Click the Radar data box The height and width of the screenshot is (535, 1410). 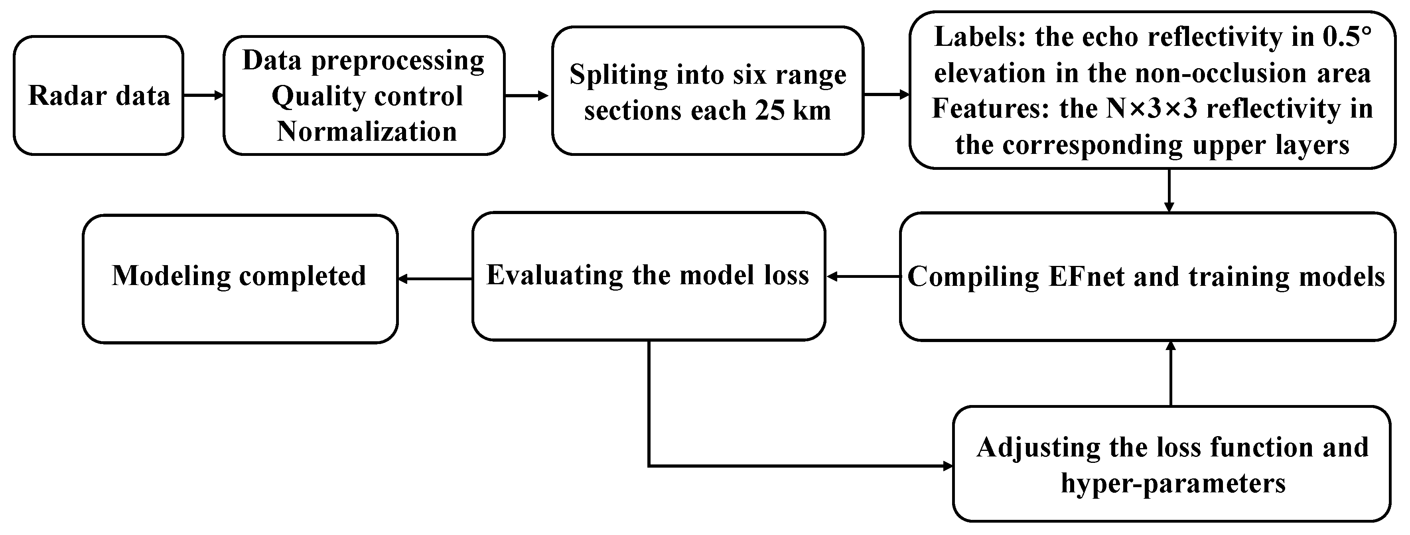99,96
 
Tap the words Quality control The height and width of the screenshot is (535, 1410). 367,97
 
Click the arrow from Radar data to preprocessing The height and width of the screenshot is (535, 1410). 203,96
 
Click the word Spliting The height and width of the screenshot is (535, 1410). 618,75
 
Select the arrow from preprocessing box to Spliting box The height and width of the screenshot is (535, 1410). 527,96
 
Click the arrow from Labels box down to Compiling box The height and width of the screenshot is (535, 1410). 1169,191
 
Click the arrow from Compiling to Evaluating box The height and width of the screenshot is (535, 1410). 863,277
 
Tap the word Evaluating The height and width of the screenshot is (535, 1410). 555,275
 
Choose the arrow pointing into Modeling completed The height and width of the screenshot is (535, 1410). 435,279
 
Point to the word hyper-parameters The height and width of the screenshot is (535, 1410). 1173,483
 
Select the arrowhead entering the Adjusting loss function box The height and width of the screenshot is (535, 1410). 947,466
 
